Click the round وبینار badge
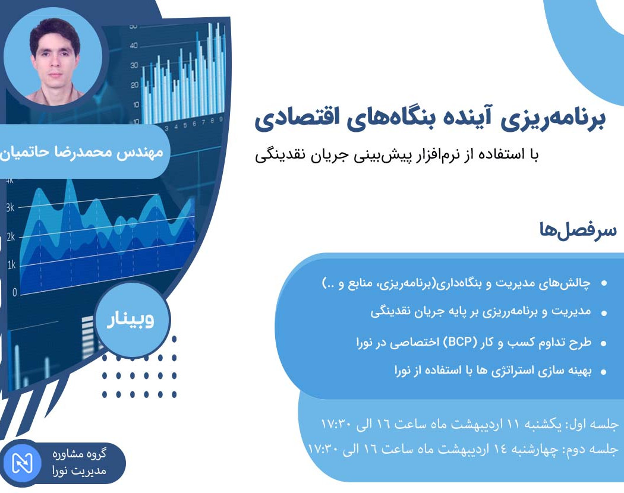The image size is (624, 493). tap(132, 320)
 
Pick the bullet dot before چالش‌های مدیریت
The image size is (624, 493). tap(604, 285)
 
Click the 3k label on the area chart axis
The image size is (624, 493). tap(11, 207)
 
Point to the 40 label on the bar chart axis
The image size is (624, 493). tap(134, 45)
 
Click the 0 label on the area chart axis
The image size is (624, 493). tap(14, 292)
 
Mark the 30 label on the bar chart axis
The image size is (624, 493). tap(134, 65)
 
